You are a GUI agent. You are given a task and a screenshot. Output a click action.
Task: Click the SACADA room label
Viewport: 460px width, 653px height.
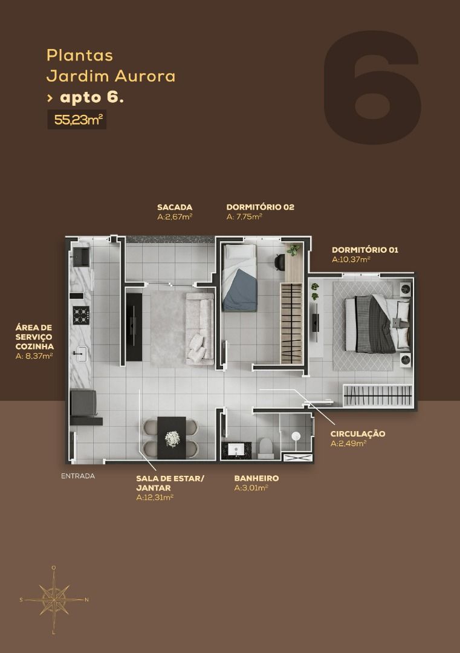(175, 207)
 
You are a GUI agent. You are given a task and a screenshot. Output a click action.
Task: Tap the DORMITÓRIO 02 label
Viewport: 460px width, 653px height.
(260, 207)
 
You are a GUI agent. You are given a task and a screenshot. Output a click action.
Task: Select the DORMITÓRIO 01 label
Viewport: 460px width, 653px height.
(364, 250)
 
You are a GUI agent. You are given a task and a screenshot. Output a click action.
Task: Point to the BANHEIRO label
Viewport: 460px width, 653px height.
(256, 478)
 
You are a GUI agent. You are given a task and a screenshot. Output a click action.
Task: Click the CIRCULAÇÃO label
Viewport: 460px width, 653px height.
(358, 434)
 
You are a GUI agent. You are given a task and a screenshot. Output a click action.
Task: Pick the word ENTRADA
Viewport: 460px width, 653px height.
(78, 476)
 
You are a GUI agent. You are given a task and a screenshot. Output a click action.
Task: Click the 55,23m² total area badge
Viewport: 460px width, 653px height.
(77, 120)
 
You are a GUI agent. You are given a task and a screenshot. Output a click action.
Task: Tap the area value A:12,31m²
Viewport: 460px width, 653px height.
(155, 498)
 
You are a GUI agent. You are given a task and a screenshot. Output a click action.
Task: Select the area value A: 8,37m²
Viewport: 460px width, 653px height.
(34, 356)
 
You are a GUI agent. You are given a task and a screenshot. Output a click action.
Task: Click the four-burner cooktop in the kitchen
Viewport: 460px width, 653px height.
(81, 315)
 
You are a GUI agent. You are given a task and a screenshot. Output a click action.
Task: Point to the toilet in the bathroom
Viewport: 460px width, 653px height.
(265, 447)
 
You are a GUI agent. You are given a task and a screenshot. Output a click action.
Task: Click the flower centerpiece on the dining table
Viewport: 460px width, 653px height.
(172, 438)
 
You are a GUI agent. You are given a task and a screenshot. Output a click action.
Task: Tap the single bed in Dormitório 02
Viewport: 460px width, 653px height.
(239, 278)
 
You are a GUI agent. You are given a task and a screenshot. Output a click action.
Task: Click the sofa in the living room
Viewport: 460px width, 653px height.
(199, 328)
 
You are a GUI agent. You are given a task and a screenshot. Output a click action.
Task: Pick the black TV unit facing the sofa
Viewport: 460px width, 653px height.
(134, 327)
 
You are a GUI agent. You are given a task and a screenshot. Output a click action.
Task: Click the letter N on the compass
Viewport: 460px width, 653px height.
(86, 600)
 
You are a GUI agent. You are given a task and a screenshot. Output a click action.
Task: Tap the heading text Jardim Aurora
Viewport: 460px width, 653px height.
(111, 76)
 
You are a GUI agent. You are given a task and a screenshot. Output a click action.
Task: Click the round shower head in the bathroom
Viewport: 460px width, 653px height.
(296, 436)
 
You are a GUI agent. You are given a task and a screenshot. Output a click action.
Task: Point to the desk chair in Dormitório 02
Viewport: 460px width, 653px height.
(279, 262)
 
